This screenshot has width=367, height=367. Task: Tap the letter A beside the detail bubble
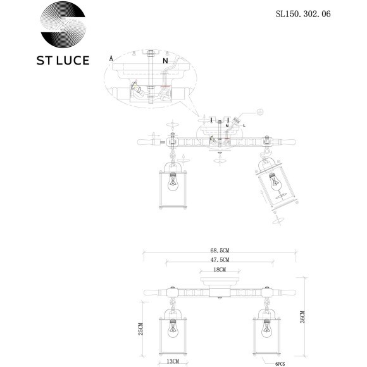coord(111,58)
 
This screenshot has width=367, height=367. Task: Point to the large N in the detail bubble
coord(165,61)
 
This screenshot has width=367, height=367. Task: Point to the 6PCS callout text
coord(282,363)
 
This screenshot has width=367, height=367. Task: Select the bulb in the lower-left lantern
coord(171,329)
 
